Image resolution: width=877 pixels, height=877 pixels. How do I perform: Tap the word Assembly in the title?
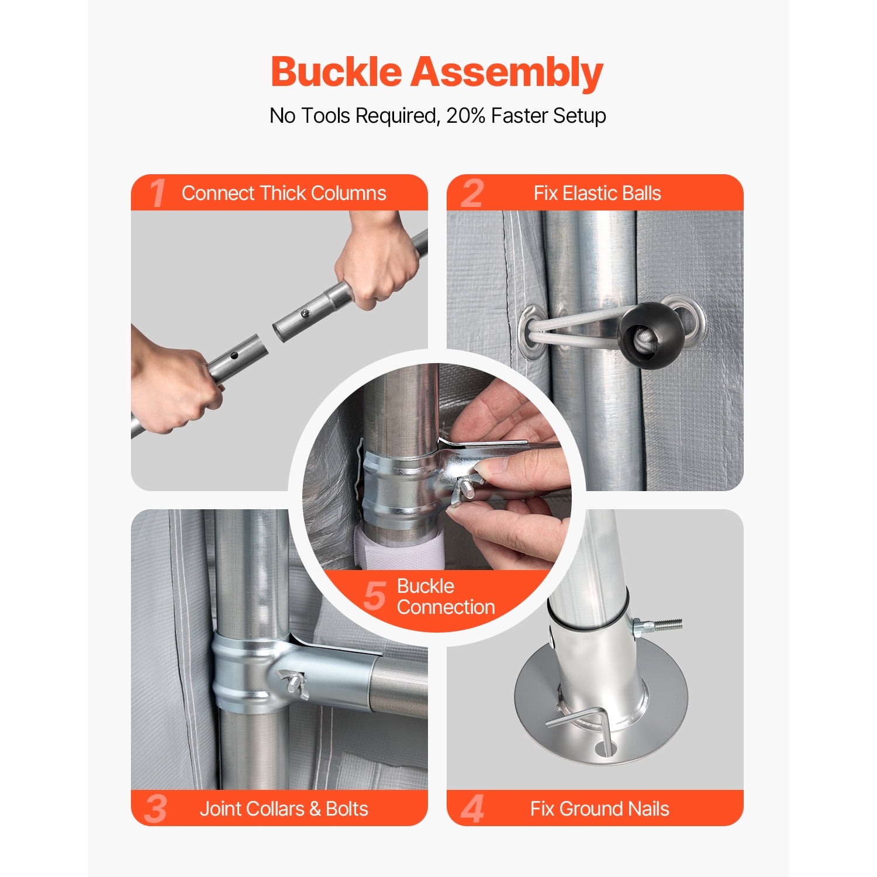click(507, 74)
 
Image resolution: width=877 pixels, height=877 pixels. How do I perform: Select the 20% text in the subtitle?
click(465, 115)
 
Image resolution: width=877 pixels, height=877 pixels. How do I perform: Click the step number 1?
click(157, 193)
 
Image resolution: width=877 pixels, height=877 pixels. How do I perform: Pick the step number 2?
click(472, 193)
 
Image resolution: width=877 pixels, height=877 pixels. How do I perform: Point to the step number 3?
click(156, 809)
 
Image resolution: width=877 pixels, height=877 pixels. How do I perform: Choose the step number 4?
click(472, 809)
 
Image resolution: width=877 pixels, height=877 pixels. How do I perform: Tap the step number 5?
click(375, 596)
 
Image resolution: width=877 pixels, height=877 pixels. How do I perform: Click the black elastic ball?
click(651, 336)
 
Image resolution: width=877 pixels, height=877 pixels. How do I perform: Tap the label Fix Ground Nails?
click(599, 809)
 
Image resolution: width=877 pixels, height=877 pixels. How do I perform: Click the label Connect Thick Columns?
click(284, 193)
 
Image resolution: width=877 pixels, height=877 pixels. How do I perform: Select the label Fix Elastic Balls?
click(597, 193)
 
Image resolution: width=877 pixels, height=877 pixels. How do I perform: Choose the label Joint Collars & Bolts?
click(284, 809)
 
